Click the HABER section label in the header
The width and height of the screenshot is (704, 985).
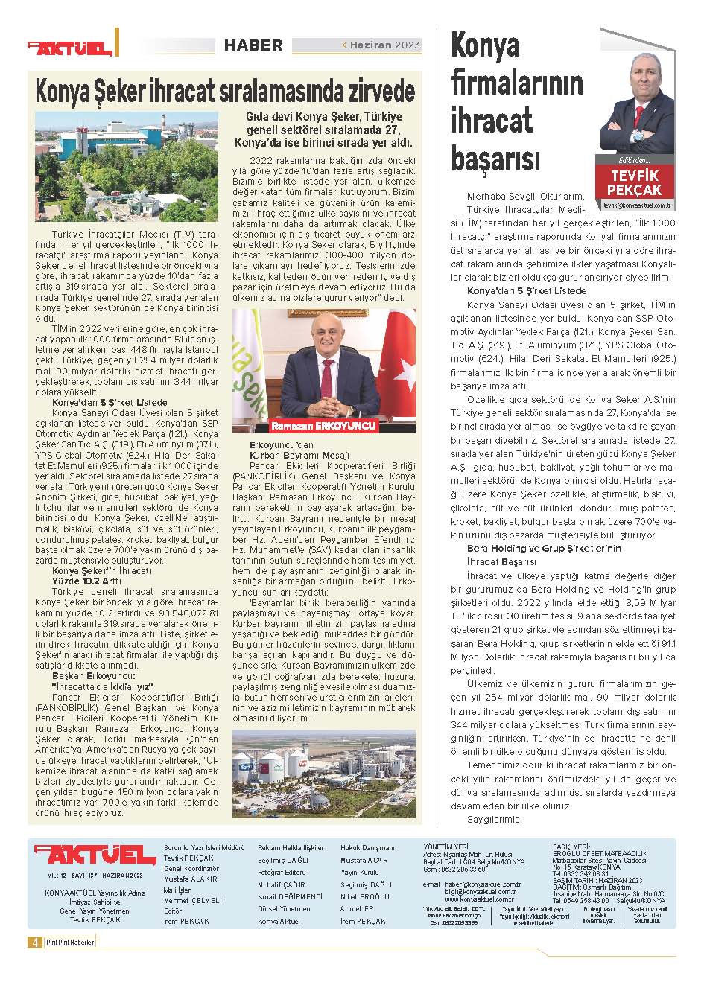click(x=253, y=45)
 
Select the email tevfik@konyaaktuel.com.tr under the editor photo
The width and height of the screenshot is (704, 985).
click(x=637, y=203)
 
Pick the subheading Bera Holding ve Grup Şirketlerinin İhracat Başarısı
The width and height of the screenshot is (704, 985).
click(x=533, y=555)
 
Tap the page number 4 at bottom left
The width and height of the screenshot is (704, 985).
click(x=34, y=942)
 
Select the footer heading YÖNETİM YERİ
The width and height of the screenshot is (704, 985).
click(x=445, y=847)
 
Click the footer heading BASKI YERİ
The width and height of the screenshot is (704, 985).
click(x=571, y=847)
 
